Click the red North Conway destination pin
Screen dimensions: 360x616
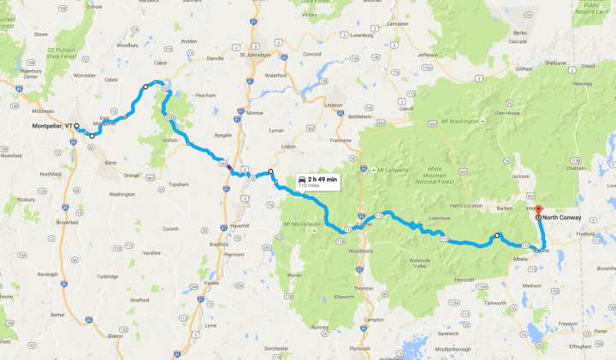[x=538, y=209]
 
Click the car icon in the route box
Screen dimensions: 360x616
[x=304, y=179]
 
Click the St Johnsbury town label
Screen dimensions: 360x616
[x=256, y=56]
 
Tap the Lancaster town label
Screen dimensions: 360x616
[x=398, y=24]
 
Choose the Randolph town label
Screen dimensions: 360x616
[x=48, y=274]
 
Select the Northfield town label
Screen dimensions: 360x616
[x=50, y=174]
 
